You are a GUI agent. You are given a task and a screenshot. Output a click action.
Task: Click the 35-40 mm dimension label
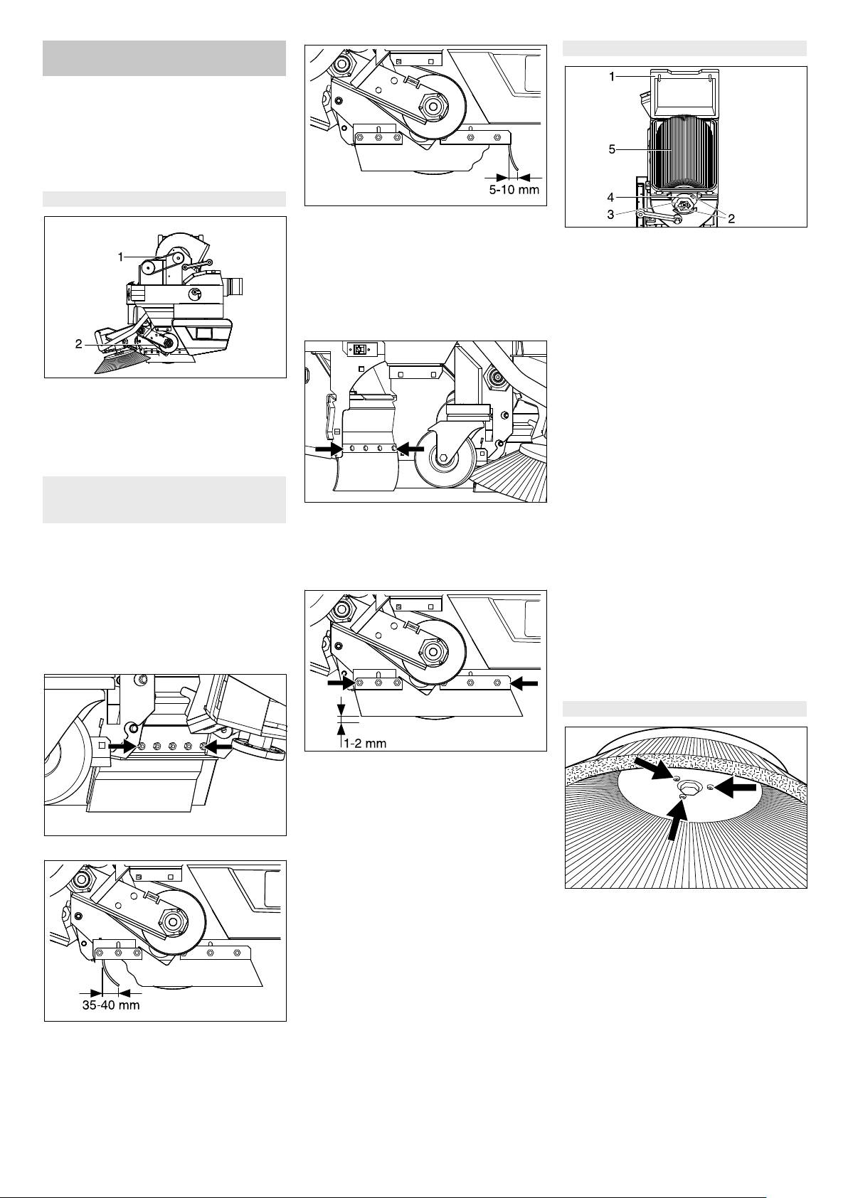click(111, 1005)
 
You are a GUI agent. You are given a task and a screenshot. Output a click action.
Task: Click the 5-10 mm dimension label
click(514, 189)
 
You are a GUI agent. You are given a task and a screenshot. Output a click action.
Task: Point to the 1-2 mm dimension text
click(366, 743)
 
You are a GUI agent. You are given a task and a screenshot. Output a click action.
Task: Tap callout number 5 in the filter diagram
click(612, 149)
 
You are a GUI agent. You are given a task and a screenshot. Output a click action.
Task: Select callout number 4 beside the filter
click(611, 198)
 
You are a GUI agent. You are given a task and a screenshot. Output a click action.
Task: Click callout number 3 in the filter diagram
click(611, 215)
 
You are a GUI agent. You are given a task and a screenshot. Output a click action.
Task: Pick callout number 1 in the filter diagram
click(612, 77)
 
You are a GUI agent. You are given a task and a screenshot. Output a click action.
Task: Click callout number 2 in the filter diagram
click(731, 218)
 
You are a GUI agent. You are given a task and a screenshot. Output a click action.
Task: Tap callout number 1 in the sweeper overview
click(121, 257)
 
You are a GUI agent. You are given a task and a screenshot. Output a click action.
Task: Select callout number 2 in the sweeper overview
click(79, 344)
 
